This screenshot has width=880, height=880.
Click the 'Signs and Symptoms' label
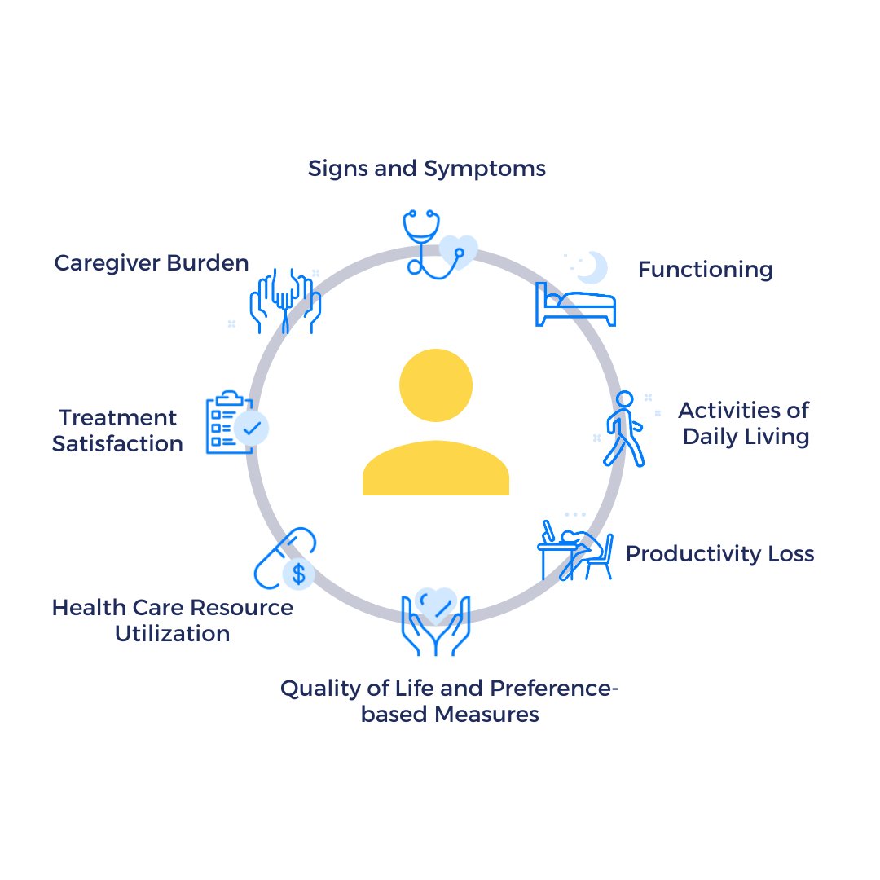(426, 169)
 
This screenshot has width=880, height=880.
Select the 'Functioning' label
(705, 270)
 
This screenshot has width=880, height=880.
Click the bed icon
(574, 306)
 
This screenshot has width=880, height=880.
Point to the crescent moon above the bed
(593, 266)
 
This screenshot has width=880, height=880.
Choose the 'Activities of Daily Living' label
(745, 423)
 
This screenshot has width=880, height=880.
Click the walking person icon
(623, 429)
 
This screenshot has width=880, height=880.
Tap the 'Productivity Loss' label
(719, 554)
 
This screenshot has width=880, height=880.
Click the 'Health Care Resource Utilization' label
(172, 620)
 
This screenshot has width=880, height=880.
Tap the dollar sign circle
(299, 574)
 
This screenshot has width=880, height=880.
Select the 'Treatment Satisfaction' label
(117, 430)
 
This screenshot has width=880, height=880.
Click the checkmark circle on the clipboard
(252, 428)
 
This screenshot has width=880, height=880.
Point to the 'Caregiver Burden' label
(152, 263)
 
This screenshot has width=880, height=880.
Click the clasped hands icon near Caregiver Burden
(286, 300)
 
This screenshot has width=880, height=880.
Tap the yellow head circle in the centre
(436, 385)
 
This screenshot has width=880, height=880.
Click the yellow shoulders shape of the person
(436, 470)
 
